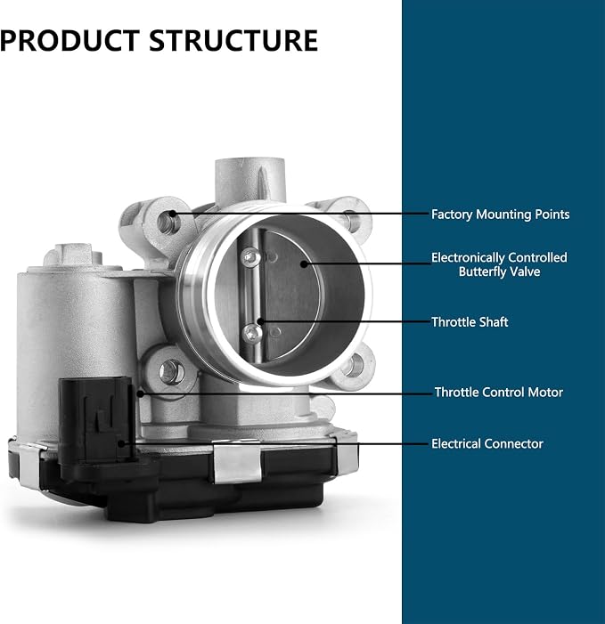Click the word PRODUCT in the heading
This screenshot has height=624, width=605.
click(x=69, y=41)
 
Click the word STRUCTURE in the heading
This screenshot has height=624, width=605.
click(x=233, y=41)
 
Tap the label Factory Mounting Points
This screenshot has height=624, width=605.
click(x=500, y=215)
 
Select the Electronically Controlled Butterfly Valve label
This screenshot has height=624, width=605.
click(x=499, y=264)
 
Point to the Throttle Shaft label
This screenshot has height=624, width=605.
click(x=470, y=322)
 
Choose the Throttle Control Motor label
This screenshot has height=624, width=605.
click(x=499, y=393)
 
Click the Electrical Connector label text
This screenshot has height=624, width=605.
click(x=487, y=443)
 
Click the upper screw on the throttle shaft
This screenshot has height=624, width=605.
click(x=251, y=256)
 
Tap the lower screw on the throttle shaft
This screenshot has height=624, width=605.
click(x=252, y=334)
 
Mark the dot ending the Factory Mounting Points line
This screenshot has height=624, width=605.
click(x=173, y=214)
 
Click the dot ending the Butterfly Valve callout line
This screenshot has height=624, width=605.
click(x=304, y=263)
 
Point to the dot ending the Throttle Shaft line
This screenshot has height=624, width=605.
click(x=260, y=321)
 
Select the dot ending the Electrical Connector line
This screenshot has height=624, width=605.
click(x=121, y=443)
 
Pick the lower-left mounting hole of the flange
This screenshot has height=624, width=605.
click(x=171, y=372)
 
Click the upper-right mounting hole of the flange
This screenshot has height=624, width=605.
click(x=350, y=219)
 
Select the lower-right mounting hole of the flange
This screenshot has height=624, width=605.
click(x=353, y=365)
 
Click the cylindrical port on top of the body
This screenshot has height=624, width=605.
click(x=250, y=181)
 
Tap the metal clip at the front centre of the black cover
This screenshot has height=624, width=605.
click(x=237, y=462)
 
